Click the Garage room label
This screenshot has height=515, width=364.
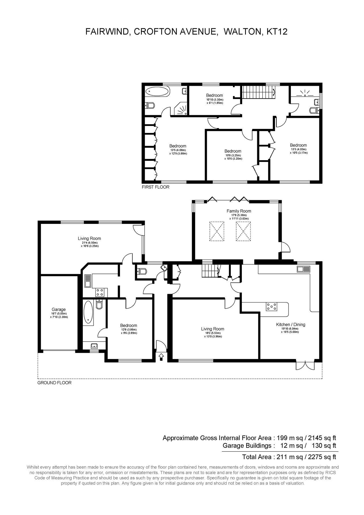59,309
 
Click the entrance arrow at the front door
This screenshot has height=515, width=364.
161,357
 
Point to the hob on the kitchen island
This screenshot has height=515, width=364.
272,306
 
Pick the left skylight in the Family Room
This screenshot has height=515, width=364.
217,231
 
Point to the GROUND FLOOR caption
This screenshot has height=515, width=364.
54,383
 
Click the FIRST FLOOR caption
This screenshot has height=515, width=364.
156,187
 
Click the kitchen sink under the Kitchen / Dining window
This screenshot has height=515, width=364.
304,269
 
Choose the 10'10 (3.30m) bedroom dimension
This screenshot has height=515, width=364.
215,99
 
